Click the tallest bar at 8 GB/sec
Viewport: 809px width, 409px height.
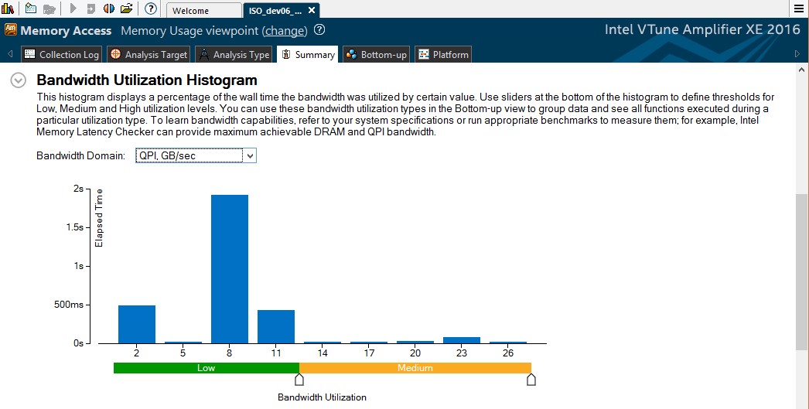(230, 268)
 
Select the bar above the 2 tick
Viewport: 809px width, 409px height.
(137, 324)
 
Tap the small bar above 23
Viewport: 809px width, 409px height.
(462, 339)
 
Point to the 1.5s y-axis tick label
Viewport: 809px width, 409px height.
(74, 227)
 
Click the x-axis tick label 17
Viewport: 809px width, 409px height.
(369, 353)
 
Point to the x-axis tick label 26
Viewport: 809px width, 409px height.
(508, 353)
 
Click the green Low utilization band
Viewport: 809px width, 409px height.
(206, 368)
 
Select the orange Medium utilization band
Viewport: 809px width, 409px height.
(415, 368)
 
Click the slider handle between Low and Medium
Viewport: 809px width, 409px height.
(299, 380)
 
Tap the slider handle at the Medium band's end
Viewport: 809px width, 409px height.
(531, 380)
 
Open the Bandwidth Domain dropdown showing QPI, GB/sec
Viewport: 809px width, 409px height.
(195, 156)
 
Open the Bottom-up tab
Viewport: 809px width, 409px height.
(377, 55)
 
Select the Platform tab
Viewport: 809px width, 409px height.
(443, 55)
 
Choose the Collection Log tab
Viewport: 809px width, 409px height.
(62, 55)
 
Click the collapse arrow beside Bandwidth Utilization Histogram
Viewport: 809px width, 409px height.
(19, 80)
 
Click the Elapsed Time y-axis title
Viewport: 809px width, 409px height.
(99, 218)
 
